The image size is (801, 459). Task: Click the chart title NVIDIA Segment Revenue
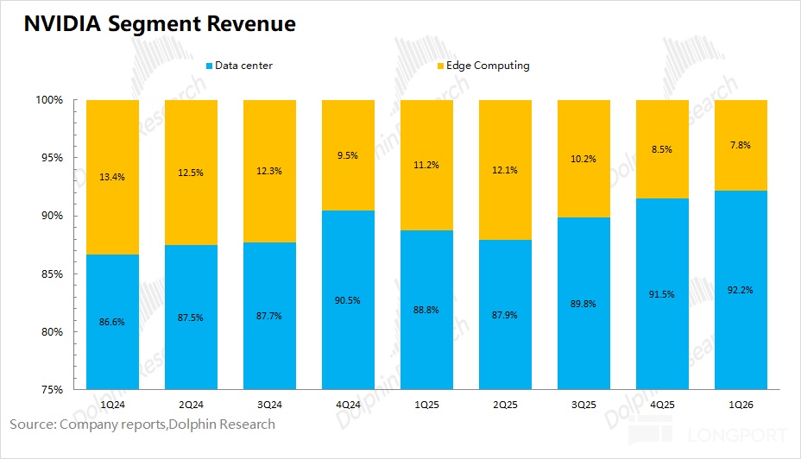[160, 24]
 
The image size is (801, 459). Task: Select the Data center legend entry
[239, 66]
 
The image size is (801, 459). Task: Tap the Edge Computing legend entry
[483, 66]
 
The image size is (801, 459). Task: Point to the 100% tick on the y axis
[49, 99]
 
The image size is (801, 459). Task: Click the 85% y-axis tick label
[52, 274]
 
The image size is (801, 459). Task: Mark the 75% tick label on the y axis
[52, 390]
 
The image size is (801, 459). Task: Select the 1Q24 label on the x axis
[112, 405]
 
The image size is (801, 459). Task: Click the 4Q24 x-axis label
[348, 405]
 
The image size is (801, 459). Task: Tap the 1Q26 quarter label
[741, 405]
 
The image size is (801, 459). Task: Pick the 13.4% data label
[112, 177]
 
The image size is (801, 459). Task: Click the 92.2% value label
[741, 290]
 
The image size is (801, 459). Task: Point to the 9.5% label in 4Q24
[347, 155]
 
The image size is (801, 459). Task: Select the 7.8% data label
[741, 145]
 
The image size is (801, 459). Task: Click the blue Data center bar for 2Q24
[191, 317]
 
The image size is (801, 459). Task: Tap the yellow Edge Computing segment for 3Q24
[269, 171]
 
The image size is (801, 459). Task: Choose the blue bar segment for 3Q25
[583, 304]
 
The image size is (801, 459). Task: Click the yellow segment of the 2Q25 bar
[505, 170]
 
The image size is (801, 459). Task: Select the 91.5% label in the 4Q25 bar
[661, 294]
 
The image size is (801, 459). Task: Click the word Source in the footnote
[32, 424]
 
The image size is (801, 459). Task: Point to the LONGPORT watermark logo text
[738, 436]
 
